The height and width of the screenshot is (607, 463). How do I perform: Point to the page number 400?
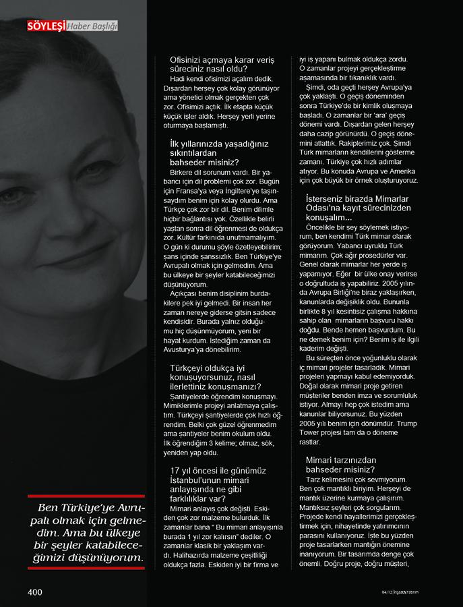tap(35, 591)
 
